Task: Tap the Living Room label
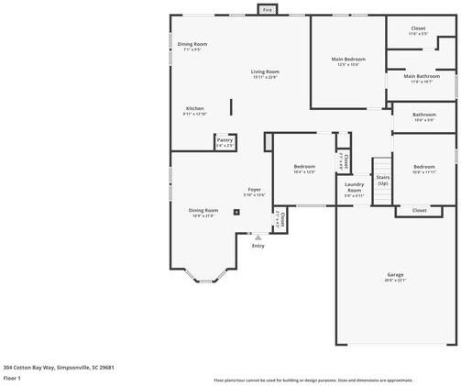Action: pyautogui.click(x=266, y=72)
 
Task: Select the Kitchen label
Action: pyautogui.click(x=194, y=108)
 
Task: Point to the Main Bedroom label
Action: pyautogui.click(x=348, y=59)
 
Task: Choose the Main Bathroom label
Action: pyautogui.click(x=422, y=77)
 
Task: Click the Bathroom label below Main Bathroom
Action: pyautogui.click(x=423, y=115)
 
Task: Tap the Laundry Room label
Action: pyautogui.click(x=354, y=191)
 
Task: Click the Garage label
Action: pyautogui.click(x=395, y=275)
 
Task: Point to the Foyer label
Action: pyautogui.click(x=254, y=190)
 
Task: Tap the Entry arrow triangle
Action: pyautogui.click(x=258, y=237)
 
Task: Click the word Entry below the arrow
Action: pyautogui.click(x=258, y=246)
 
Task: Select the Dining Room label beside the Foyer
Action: pyautogui.click(x=203, y=211)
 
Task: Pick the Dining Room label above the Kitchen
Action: pyautogui.click(x=192, y=44)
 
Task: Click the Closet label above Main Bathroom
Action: pyautogui.click(x=418, y=28)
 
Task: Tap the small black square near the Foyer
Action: pyautogui.click(x=236, y=212)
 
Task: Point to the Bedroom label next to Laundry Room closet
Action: pyautogui.click(x=304, y=167)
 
